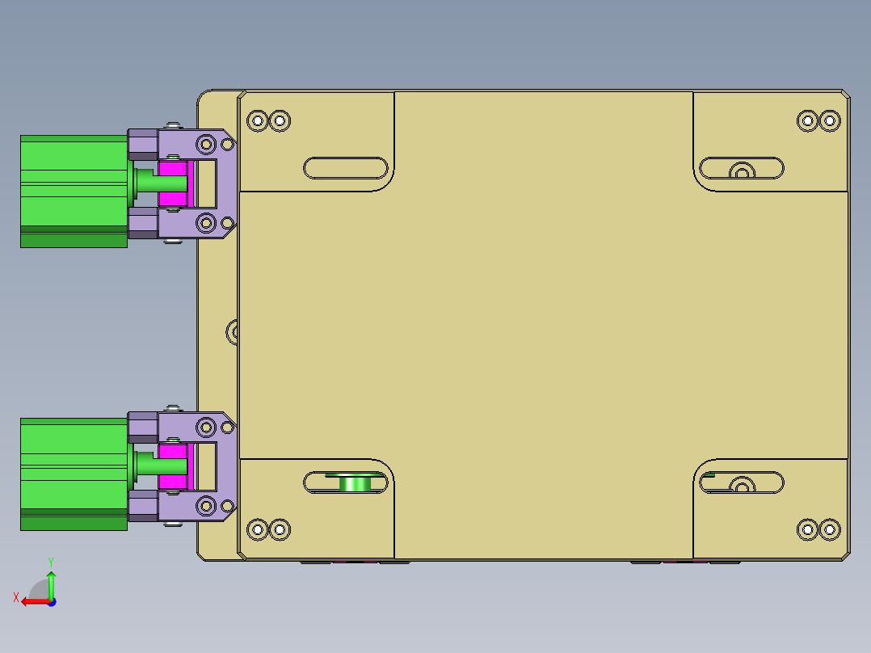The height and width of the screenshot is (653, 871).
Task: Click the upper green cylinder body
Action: coord(73,190)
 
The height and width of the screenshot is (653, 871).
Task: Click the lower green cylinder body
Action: coord(73,473)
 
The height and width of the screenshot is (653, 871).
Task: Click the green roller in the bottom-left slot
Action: coord(353,483)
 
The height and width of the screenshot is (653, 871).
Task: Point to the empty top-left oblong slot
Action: coord(346,168)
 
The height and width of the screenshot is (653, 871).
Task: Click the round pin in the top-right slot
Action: coord(741,171)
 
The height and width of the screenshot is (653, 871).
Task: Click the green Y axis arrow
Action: coord(51,582)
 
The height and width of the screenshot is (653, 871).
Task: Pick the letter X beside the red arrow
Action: coord(15,597)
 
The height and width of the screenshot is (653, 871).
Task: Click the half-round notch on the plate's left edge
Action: coord(234,331)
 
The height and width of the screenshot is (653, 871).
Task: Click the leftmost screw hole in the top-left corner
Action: coord(258,121)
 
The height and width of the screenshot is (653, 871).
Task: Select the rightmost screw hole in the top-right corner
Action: coord(829,121)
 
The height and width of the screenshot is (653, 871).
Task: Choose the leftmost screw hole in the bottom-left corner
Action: coord(258,530)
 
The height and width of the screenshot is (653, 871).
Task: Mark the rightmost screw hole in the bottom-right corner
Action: coord(829,530)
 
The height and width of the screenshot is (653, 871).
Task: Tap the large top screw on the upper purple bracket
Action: coord(206,145)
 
